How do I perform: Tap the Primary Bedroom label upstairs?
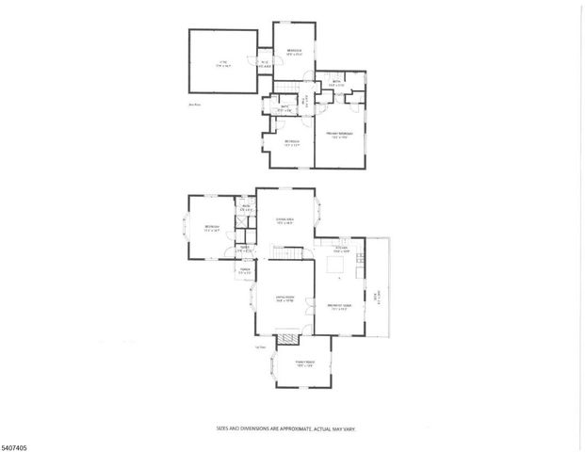pos(338,137)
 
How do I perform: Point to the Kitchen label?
pos(342,249)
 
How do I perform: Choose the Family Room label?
pos(303,363)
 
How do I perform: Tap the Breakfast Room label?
pos(339,307)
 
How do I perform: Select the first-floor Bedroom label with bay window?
pos(212,228)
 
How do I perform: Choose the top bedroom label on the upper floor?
pos(294,51)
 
